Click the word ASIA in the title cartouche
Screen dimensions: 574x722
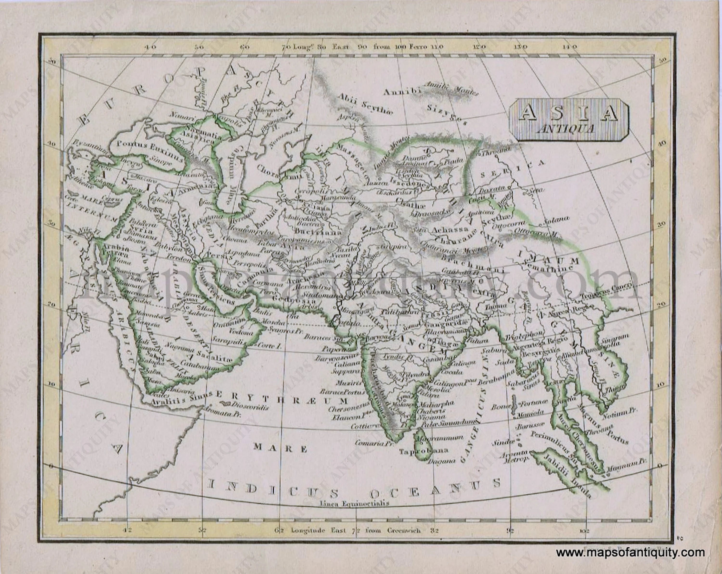click(568, 113)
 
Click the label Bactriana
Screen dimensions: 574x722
click(318, 231)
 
